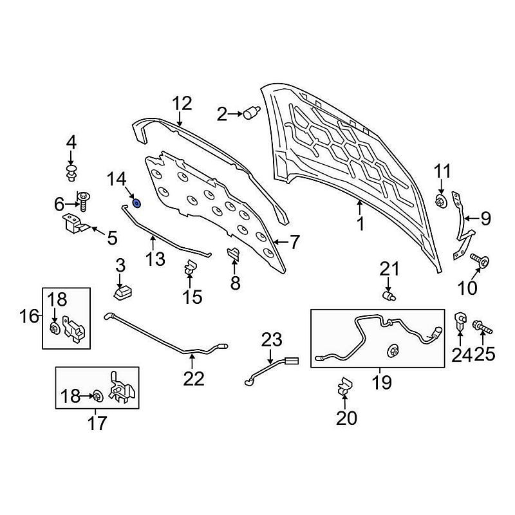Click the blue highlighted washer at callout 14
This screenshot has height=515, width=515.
pos(136,203)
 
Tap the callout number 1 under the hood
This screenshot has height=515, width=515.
pos(360,224)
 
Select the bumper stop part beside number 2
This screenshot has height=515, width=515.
pos(251,113)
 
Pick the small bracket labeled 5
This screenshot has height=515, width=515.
pos(73,225)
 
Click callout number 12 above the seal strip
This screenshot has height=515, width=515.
pos(182,103)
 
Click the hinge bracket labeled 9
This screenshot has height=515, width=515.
pos(462,225)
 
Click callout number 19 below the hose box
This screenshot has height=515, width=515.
pos(381,382)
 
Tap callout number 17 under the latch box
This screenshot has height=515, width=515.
pos(98,423)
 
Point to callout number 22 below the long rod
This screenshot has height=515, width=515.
pos(194,379)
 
